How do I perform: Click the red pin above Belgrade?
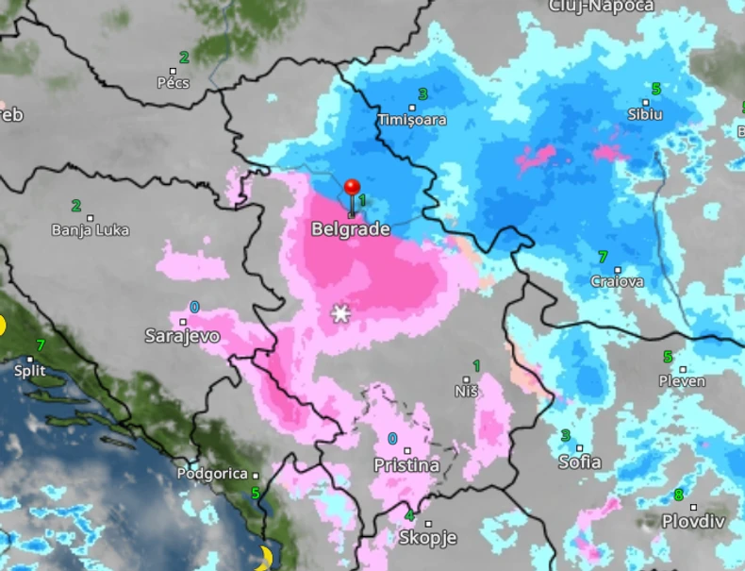point(353,189)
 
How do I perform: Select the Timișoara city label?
point(411,120)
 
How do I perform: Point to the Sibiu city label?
point(645,114)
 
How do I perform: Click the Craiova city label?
point(617,281)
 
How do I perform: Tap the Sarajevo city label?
point(182,335)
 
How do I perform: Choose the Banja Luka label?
point(91,229)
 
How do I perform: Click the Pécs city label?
point(174,82)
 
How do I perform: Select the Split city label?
point(30,371)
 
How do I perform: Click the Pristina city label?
point(406,465)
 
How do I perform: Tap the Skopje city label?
point(427,537)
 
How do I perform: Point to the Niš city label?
point(466,391)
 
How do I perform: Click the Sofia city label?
point(579,462)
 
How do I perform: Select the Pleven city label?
point(683,381)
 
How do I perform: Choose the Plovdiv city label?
point(692,521)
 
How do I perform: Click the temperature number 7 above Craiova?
point(603,257)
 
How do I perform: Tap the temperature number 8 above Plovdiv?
point(678,495)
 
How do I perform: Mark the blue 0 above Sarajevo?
point(194,308)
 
